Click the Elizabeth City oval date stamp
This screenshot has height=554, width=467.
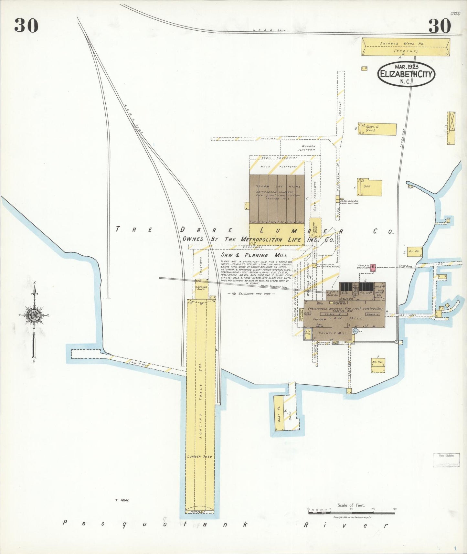coord(406,74)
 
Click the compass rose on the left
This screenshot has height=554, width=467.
coord(34,315)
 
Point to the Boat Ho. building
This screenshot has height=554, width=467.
coord(279,413)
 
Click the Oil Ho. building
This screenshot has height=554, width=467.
coord(414,251)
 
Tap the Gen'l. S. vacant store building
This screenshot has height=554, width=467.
coord(377,129)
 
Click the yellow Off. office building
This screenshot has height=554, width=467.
coord(370,187)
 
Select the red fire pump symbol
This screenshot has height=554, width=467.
coord(373,268)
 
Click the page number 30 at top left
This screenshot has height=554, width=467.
coord(26,26)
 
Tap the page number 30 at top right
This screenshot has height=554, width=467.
coord(440,26)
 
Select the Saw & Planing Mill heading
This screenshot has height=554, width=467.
coord(254,255)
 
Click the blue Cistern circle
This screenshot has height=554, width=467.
coord(356,331)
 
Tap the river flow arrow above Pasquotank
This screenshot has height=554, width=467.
coord(122,500)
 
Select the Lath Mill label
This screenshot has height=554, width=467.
coord(307,333)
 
